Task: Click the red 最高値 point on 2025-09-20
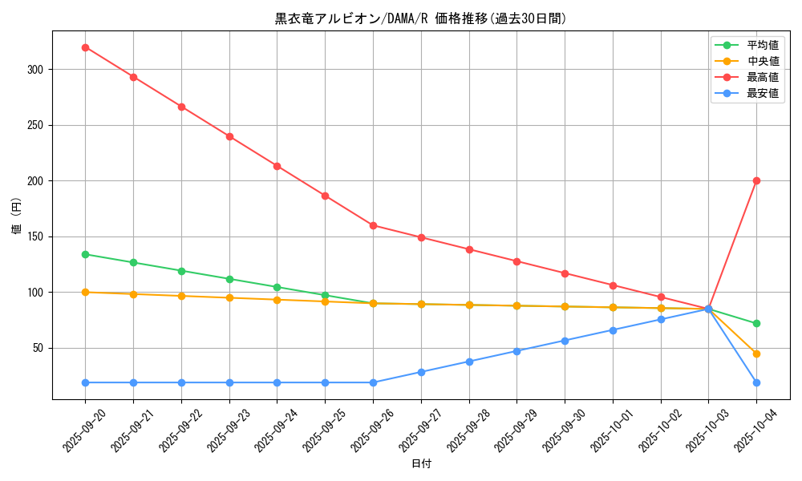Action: tap(85, 47)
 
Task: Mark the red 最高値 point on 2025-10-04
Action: tap(756, 180)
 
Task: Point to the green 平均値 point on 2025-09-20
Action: tap(85, 254)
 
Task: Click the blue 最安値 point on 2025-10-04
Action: tap(756, 382)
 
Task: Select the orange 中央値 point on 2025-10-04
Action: tap(756, 354)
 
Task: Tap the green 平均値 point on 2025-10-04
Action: tap(756, 324)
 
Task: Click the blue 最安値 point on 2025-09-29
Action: tap(516, 351)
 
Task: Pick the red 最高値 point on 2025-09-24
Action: tap(277, 166)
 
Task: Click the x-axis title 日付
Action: tap(420, 464)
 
